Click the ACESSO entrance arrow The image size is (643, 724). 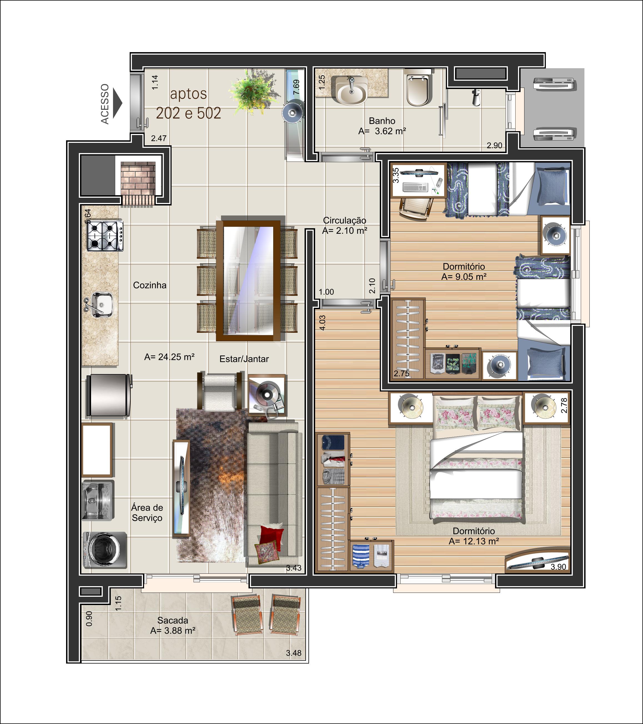[x=117, y=103]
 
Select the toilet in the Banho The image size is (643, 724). [x=418, y=88]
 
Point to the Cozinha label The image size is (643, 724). [x=150, y=285]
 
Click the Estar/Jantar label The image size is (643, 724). [x=244, y=359]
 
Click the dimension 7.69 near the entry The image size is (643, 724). [x=297, y=87]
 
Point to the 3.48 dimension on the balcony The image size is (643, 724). [x=294, y=653]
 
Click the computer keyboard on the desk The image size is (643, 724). [x=415, y=187]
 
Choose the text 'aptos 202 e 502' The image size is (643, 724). [x=189, y=103]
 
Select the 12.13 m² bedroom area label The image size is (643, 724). [x=474, y=541]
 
